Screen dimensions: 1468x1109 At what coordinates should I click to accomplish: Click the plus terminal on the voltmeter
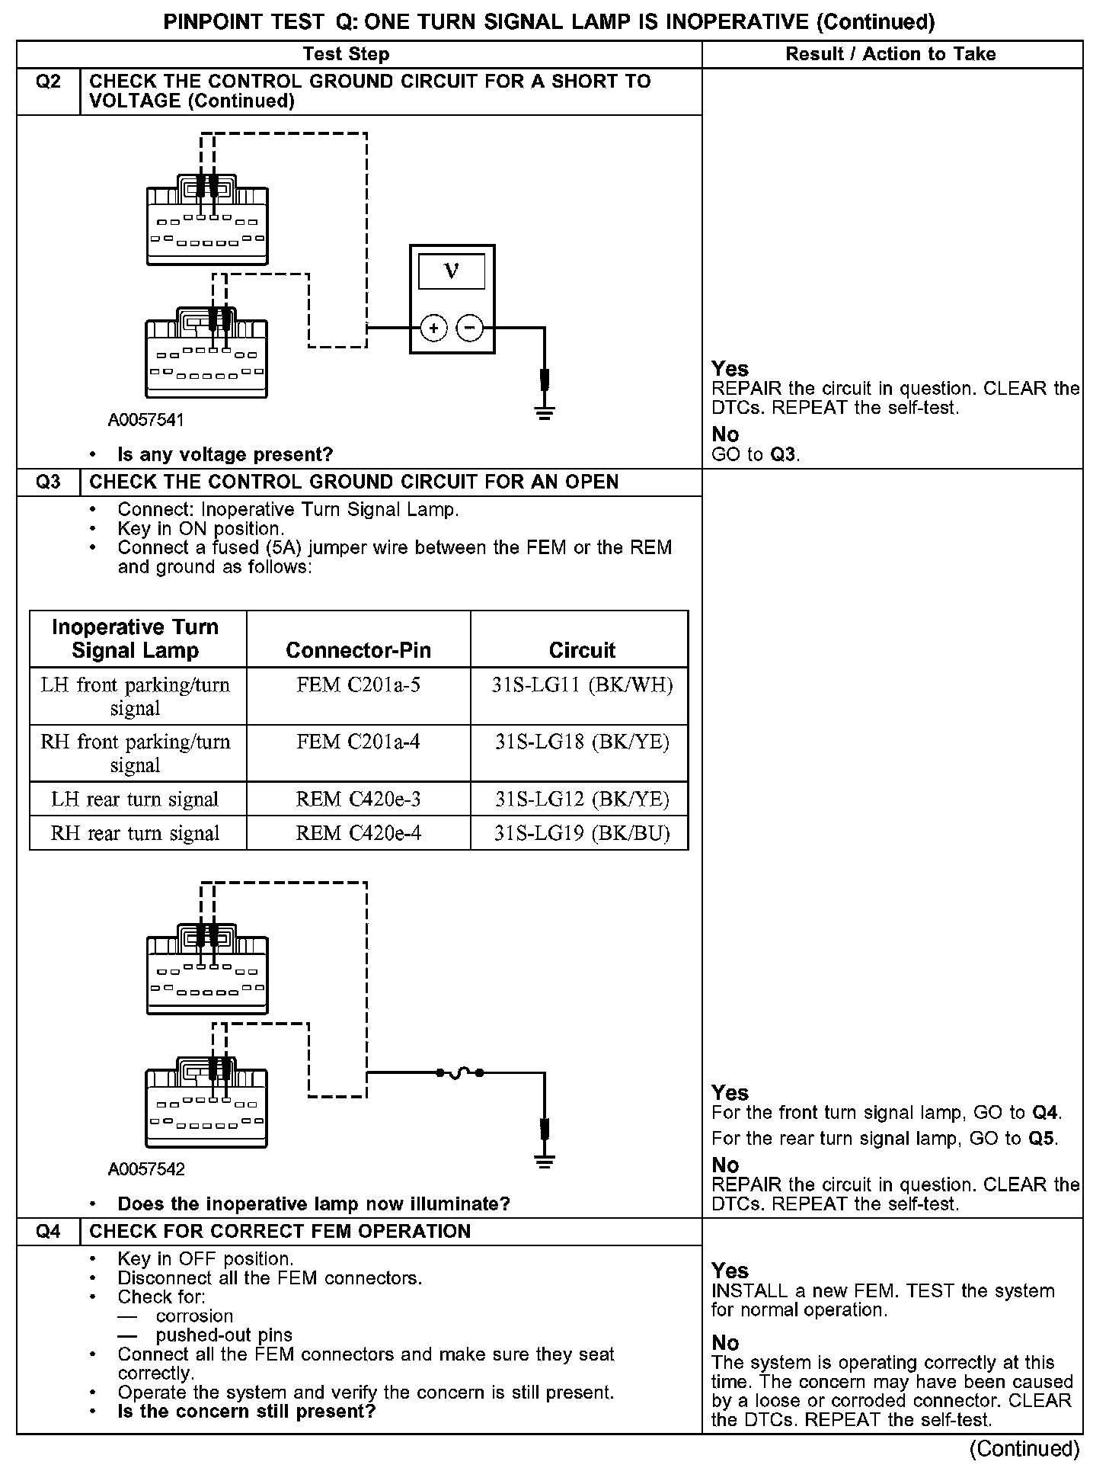433,329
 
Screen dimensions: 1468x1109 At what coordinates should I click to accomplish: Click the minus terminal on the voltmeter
470,329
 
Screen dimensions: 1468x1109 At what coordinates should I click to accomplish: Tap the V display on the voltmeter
452,271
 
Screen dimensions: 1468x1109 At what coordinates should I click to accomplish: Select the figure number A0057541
146,420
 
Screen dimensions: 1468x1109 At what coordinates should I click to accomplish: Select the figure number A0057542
146,1169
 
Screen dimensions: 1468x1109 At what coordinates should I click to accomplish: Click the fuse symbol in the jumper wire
459,1073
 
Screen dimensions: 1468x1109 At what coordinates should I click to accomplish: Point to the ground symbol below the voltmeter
545,414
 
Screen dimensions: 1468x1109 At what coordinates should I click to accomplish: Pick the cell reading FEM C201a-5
358,685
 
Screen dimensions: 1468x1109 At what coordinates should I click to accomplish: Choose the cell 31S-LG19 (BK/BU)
582,833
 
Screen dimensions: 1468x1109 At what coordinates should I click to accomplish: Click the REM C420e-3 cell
358,799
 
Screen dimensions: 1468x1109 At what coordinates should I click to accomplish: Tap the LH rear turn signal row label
135,799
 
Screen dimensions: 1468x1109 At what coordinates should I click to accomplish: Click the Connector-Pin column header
358,650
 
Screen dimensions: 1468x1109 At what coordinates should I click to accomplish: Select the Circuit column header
582,650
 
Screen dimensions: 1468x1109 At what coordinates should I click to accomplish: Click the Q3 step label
48,482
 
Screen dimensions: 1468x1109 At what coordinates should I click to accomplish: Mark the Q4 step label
48,1232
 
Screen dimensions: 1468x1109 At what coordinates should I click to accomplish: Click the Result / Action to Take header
890,54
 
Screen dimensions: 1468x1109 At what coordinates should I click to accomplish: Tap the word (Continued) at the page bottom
1024,1448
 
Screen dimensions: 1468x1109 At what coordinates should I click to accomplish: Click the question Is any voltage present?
225,455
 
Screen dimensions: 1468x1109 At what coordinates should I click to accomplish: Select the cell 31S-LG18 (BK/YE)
582,742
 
